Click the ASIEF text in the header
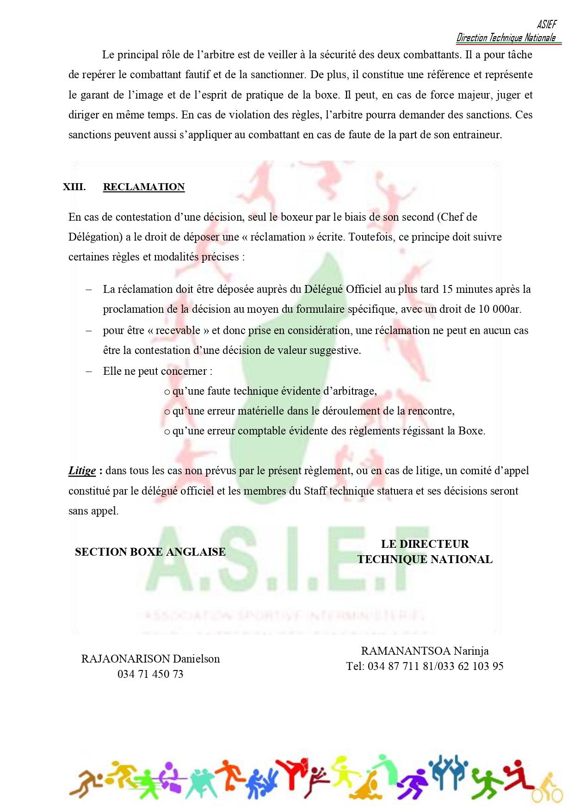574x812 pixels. click(x=547, y=25)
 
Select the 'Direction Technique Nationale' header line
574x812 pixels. click(x=506, y=38)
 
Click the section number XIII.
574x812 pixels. click(x=74, y=187)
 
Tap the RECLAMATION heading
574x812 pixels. click(x=144, y=187)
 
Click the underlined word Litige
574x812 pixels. click(x=82, y=471)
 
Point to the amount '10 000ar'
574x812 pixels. click(x=500, y=309)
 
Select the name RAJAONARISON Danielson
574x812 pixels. click(x=150, y=659)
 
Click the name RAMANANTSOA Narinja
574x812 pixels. click(x=425, y=651)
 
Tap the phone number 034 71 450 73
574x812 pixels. click(x=150, y=674)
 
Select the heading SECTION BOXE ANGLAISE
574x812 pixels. click(x=150, y=552)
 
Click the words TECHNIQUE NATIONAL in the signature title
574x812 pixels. click(x=425, y=559)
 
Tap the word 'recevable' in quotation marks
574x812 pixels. click(x=178, y=330)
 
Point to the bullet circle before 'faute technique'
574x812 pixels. click(x=167, y=392)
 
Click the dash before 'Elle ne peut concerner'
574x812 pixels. click(x=89, y=372)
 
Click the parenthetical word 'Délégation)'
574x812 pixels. click(x=95, y=237)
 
